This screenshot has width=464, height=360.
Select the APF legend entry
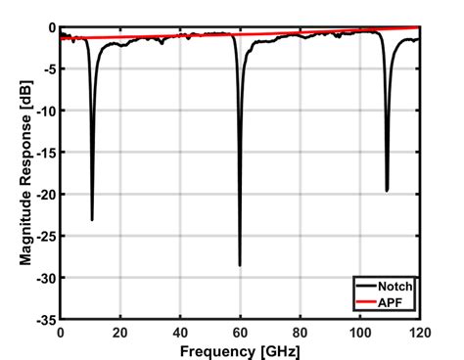(396, 302)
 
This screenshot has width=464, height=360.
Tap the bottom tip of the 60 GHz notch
(240, 265)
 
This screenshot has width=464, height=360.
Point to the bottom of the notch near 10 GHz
(92, 220)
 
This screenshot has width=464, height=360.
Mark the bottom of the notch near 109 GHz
(387, 191)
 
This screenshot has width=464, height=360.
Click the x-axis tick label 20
(120, 333)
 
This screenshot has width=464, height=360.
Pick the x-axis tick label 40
(180, 333)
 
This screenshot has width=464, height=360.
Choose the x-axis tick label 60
(240, 333)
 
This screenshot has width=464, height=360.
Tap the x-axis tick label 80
(300, 333)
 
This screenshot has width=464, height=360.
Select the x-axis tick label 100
(359, 333)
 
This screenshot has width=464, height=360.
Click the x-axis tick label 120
(418, 333)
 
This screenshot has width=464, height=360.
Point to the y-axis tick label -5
(48, 69)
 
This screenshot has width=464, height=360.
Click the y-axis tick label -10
(45, 112)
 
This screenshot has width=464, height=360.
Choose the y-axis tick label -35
(45, 320)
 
